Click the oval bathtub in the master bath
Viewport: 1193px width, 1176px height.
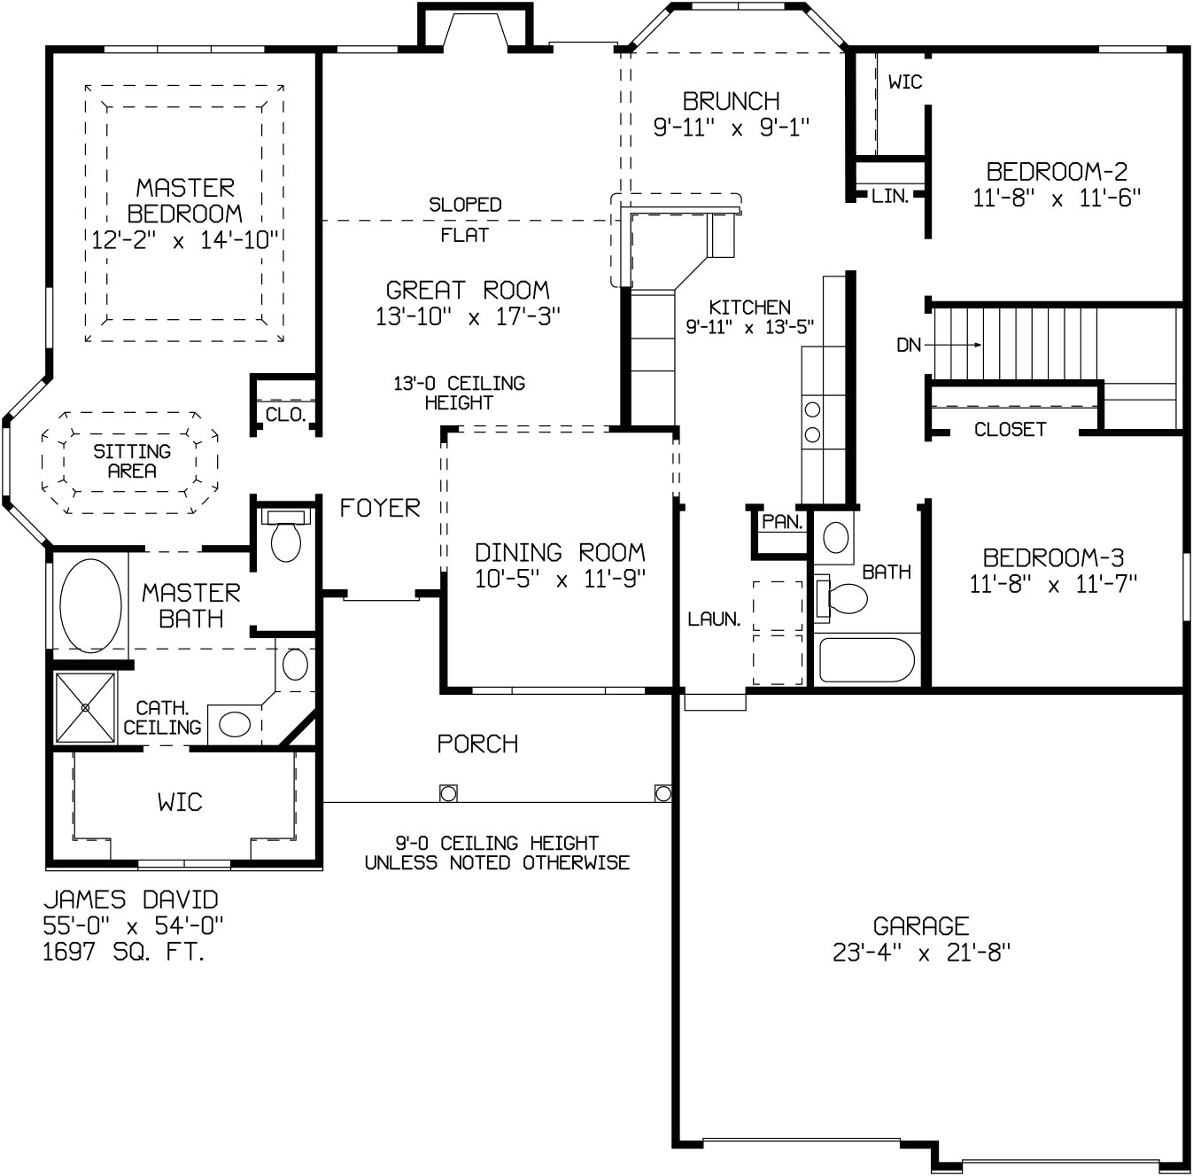tap(90, 604)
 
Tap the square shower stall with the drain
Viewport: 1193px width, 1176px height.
tap(85, 707)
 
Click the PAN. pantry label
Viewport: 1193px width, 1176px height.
tap(782, 522)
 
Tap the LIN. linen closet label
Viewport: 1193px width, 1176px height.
tap(890, 197)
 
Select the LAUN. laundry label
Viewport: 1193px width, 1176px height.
tap(714, 619)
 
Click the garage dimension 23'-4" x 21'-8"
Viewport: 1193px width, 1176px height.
tap(921, 953)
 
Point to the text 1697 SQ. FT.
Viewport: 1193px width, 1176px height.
tap(124, 953)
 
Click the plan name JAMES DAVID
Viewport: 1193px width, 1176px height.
tap(130, 900)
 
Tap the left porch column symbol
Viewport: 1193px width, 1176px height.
tap(448, 792)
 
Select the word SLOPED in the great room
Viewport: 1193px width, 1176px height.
tap(465, 205)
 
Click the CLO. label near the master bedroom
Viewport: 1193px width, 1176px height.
tap(285, 415)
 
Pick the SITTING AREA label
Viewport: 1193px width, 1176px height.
tap(132, 461)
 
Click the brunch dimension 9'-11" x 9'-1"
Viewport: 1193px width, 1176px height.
tap(732, 128)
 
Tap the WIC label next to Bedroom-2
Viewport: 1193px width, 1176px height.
tap(904, 82)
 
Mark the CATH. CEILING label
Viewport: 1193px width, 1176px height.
tap(162, 718)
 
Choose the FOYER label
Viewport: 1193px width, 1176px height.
tap(380, 508)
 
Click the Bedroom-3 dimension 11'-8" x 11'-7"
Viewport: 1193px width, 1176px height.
tap(1053, 584)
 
